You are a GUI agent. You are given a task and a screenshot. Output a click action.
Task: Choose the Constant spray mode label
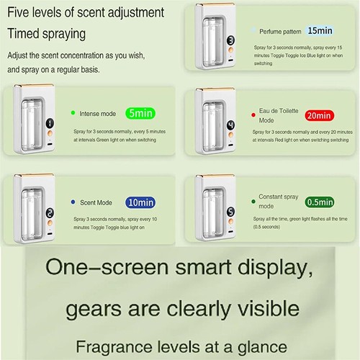[277, 201]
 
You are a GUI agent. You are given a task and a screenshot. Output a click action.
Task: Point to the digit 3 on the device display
[228, 41]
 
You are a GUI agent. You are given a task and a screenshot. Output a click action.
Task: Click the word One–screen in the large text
[91, 266]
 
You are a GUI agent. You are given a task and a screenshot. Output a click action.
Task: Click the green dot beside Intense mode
[73, 113]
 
